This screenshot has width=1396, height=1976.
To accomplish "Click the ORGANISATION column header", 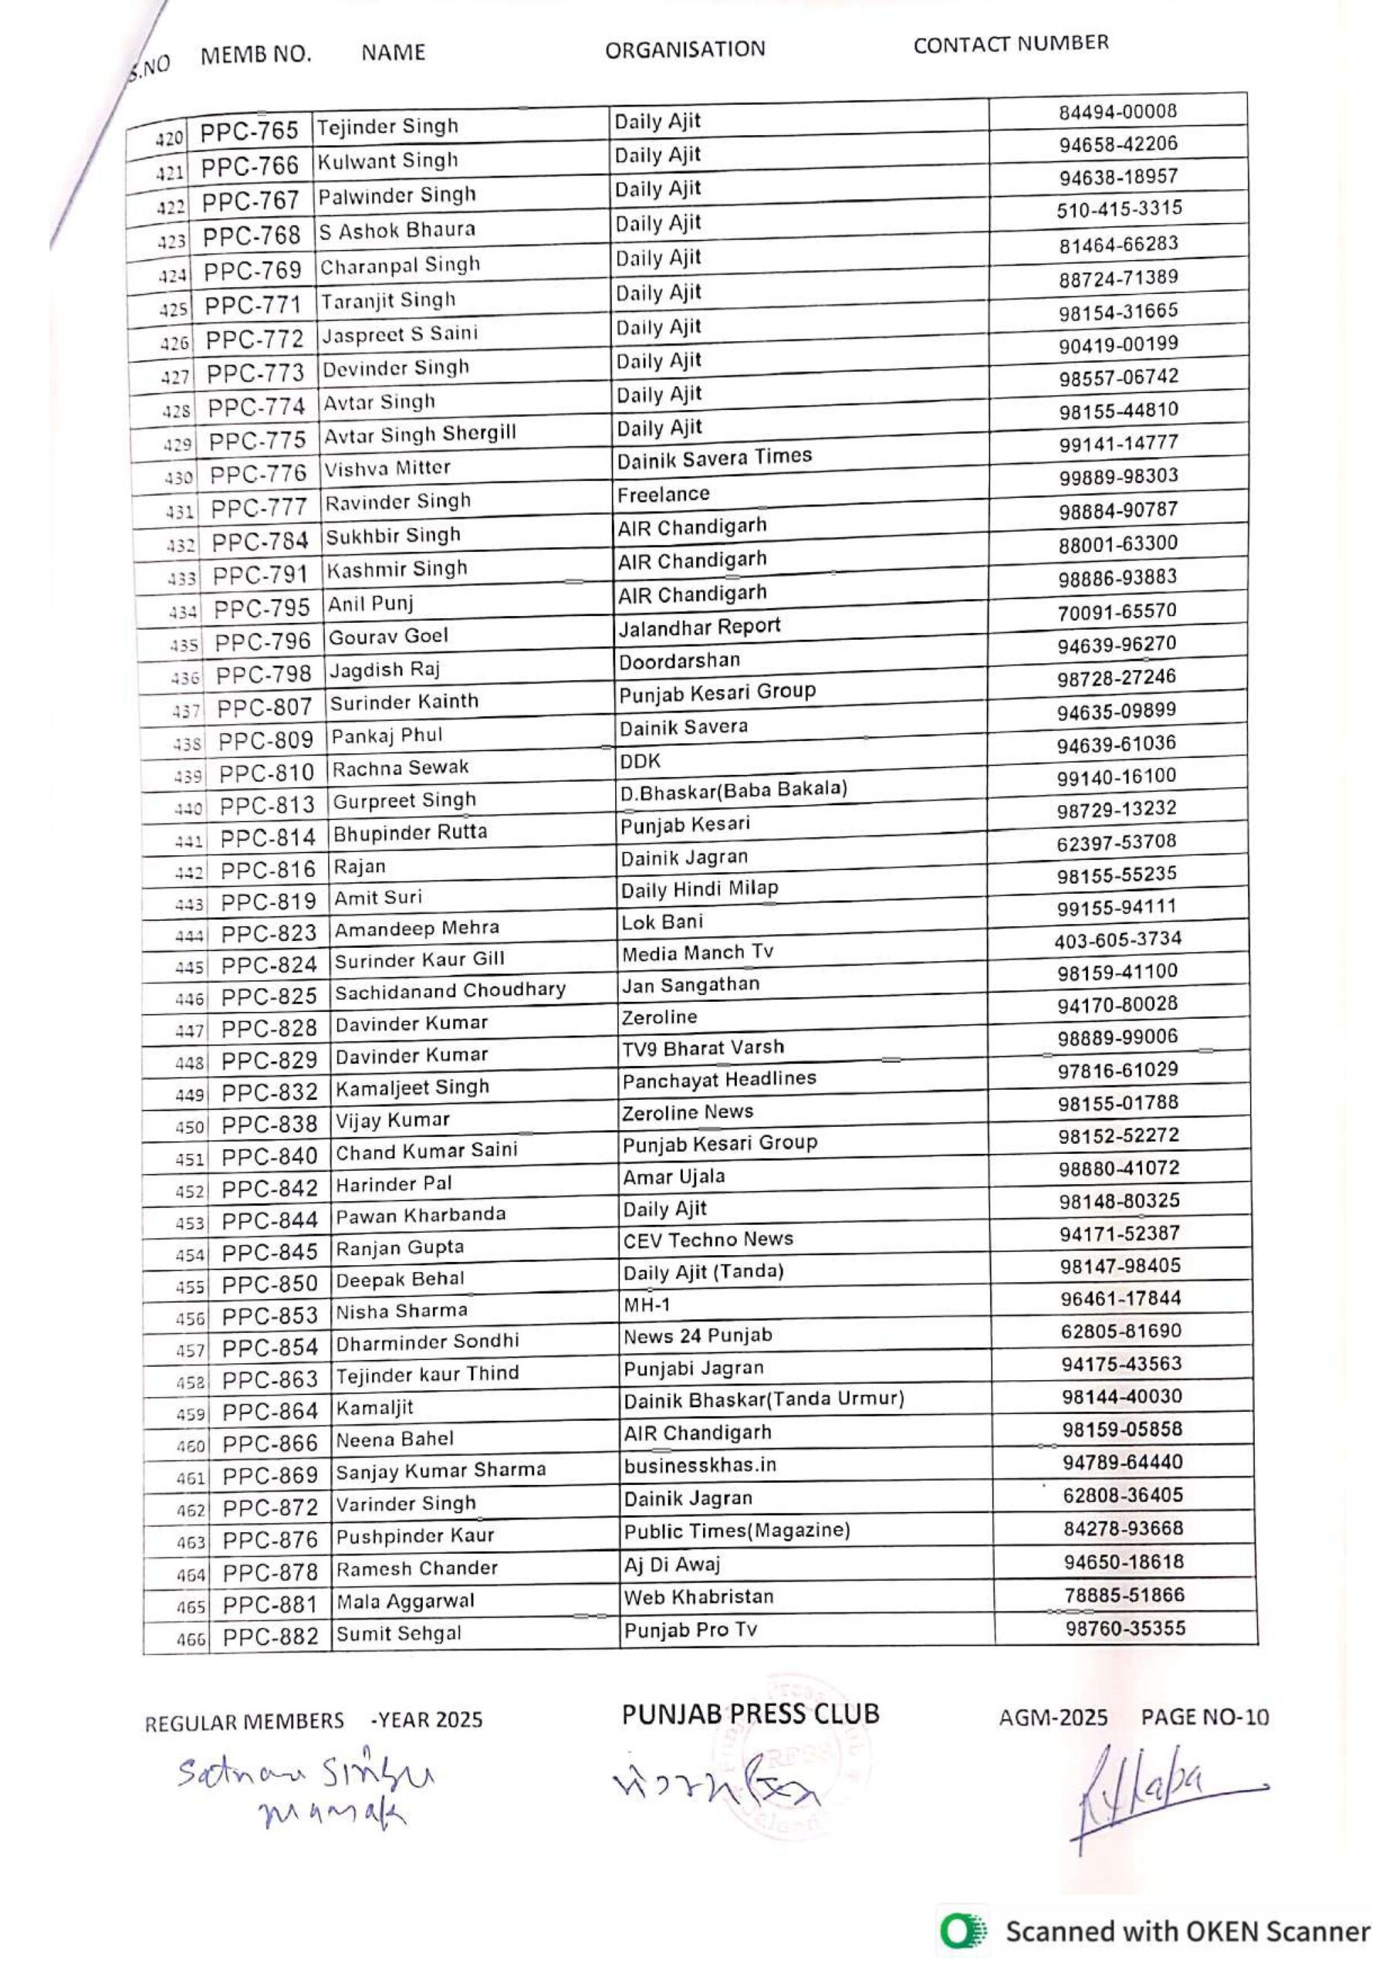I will point(684,49).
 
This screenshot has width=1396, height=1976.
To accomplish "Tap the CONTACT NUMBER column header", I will point(1010,44).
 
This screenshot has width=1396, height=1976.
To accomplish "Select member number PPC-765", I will point(248,130).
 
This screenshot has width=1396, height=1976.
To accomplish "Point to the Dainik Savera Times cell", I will point(715,458).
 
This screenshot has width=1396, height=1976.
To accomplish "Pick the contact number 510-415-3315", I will point(1119,209).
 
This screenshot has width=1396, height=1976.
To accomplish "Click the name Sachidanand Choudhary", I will point(450,990).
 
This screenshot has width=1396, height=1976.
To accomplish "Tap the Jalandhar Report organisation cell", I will point(699,628).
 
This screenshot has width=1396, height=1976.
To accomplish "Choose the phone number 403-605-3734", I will point(1117,939).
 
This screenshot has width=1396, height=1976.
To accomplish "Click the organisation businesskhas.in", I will point(700,1465).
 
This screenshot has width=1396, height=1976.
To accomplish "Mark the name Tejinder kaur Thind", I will point(427,1374).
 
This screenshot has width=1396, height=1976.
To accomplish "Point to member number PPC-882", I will point(270,1637).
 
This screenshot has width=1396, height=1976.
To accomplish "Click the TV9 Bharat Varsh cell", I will point(703,1048).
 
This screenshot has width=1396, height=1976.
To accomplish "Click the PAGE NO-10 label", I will point(1204,1718).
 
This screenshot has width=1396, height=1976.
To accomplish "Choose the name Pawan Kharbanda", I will point(420,1216).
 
